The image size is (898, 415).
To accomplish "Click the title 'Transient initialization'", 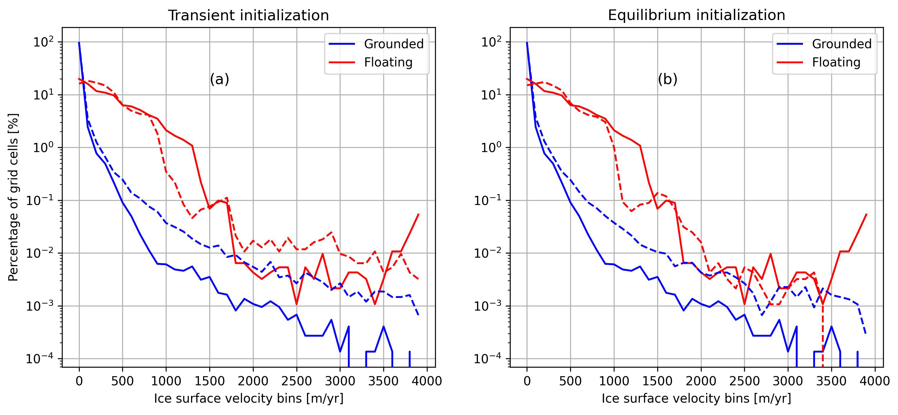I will tap(248, 16).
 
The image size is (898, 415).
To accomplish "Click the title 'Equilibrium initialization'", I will tap(696, 16).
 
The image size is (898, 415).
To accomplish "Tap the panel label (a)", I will tap(219, 79).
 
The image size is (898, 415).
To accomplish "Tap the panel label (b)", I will tap(667, 79).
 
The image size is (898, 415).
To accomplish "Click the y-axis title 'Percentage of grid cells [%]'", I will tap(13, 197).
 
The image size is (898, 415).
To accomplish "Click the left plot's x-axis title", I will tap(248, 398).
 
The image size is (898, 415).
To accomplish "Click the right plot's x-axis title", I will tap(696, 398).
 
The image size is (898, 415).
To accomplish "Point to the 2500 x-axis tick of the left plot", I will tap(297, 381).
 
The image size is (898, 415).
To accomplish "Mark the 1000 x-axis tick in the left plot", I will tap(166, 381).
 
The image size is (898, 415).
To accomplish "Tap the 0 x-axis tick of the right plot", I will tap(527, 381).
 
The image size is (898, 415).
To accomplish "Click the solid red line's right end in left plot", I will tap(418, 214).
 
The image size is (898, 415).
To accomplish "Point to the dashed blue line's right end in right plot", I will tap(866, 334).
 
